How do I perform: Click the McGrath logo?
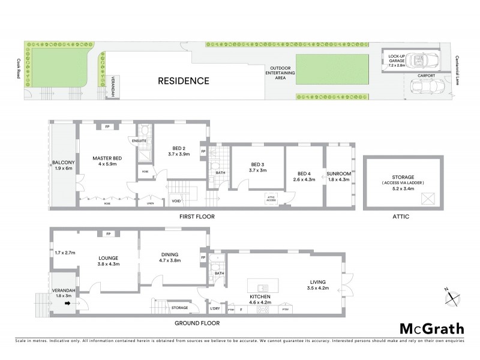click(x=431, y=328)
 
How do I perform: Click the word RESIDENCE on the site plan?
click(x=184, y=80)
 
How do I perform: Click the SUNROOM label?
click(x=340, y=174)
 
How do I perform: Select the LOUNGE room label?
click(x=109, y=259)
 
